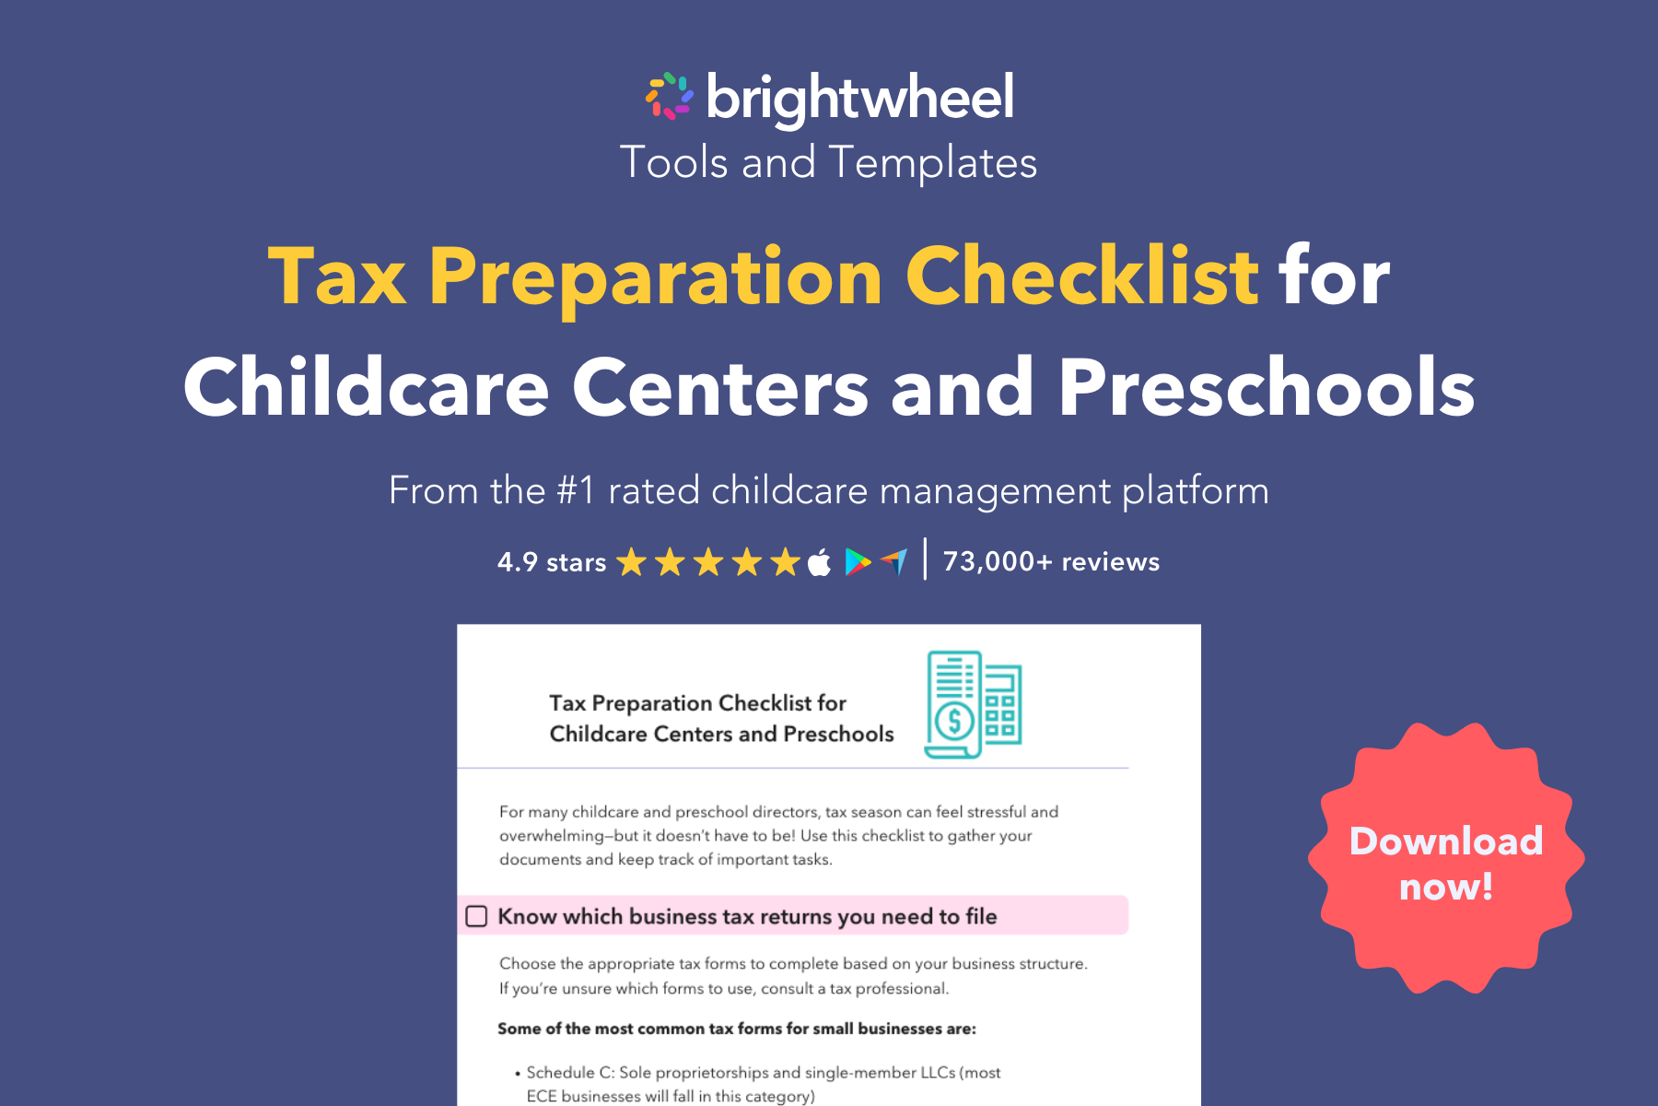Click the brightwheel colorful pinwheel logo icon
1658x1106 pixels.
tap(669, 96)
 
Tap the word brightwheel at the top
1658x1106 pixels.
tap(860, 98)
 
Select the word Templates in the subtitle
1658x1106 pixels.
tap(932, 163)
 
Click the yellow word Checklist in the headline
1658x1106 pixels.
tap(1082, 276)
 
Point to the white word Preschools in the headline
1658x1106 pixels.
tap(1267, 388)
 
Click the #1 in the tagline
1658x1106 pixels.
tap(576, 490)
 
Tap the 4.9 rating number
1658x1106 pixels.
tap(517, 561)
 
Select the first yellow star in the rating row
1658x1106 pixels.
tap(632, 561)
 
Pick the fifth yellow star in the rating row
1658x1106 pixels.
tap(785, 561)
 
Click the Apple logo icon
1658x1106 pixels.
tap(819, 561)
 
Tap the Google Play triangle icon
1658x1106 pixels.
tap(858, 561)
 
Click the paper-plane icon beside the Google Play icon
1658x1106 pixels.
tap(894, 560)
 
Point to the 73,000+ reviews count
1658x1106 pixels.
tap(1051, 561)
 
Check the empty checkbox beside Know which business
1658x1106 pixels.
tap(476, 916)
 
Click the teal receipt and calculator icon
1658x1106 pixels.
tap(974, 705)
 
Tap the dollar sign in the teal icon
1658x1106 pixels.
tap(954, 721)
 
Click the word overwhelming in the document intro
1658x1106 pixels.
tap(551, 836)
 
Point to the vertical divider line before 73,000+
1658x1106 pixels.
tap(925, 559)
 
